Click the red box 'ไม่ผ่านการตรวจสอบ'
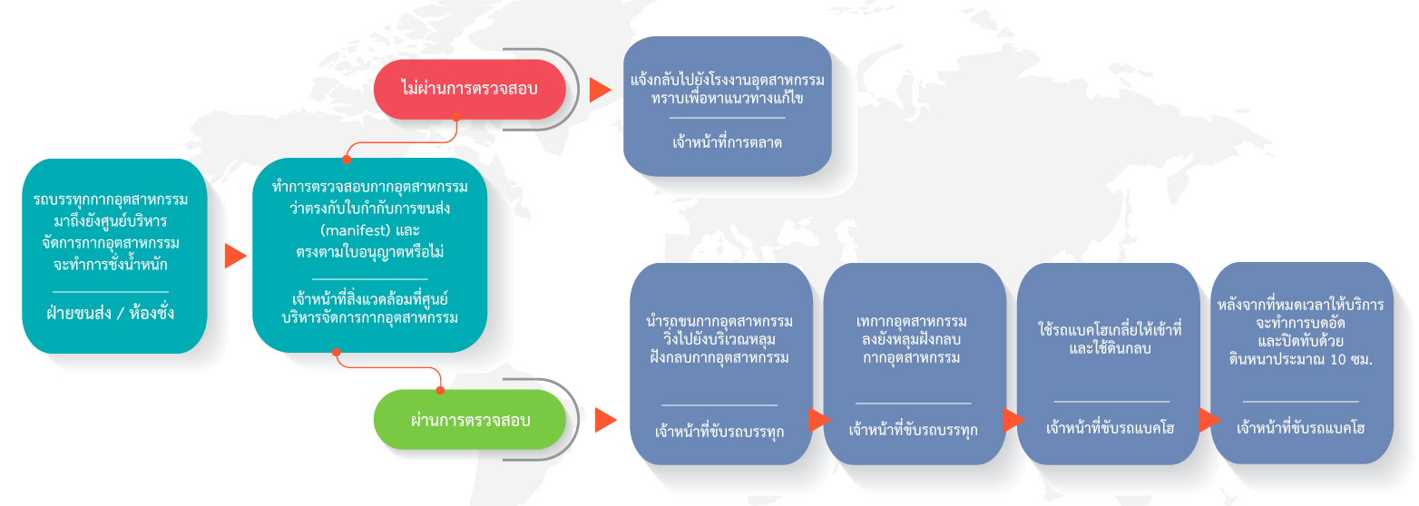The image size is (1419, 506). [469, 89]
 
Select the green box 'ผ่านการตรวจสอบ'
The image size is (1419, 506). [469, 420]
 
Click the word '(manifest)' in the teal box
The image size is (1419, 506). [353, 230]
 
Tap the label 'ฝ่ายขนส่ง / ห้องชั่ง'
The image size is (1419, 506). [110, 313]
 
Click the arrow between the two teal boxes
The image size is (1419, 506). [235, 256]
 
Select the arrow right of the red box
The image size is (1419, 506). [600, 90]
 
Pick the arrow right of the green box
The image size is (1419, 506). [605, 421]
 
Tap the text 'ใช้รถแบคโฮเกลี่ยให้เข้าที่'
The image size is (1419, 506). [1110, 329]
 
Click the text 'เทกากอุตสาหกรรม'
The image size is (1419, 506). [912, 321]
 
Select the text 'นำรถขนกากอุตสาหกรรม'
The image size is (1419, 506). [719, 321]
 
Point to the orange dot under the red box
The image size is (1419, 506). [456, 117]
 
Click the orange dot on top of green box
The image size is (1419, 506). [440, 390]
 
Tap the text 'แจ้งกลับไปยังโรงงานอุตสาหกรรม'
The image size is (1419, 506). [728, 81]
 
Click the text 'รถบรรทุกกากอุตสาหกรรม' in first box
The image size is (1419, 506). [111, 199]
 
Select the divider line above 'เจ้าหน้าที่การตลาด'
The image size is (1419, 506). [728, 118]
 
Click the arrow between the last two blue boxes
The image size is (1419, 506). [1209, 420]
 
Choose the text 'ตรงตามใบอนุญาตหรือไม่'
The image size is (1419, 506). [370, 252]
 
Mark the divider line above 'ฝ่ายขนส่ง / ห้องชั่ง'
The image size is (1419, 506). [110, 292]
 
